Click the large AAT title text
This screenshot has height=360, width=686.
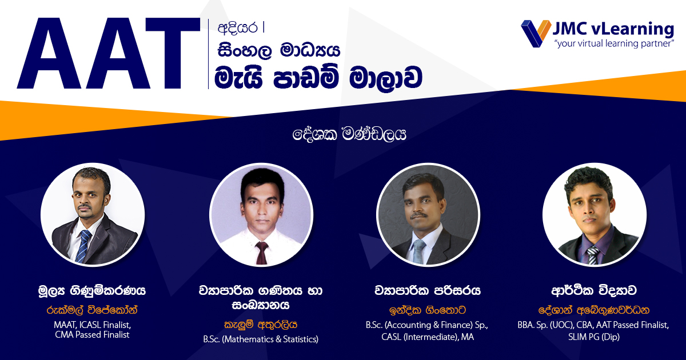(x=109, y=53)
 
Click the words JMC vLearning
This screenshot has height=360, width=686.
(x=613, y=29)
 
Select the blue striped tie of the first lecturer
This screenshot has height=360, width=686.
(x=83, y=246)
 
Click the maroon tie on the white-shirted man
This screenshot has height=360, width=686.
(x=262, y=253)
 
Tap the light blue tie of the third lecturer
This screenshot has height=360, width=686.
(x=419, y=251)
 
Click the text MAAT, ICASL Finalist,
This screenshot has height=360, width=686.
(x=92, y=325)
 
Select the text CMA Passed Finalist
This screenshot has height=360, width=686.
(x=92, y=335)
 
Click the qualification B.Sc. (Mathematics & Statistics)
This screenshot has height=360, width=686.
(x=261, y=339)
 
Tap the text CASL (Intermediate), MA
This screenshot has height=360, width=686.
(x=428, y=337)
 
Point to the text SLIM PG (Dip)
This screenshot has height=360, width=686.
(x=594, y=337)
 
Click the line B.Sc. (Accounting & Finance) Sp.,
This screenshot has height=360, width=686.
(x=427, y=325)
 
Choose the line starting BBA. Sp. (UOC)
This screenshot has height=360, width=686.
(x=593, y=325)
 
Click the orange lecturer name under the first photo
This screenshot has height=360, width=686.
(x=92, y=310)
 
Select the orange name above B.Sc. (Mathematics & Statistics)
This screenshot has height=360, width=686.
(x=261, y=325)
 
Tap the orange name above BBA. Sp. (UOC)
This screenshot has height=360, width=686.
(x=594, y=310)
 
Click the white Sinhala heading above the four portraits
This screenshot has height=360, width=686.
(x=349, y=134)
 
